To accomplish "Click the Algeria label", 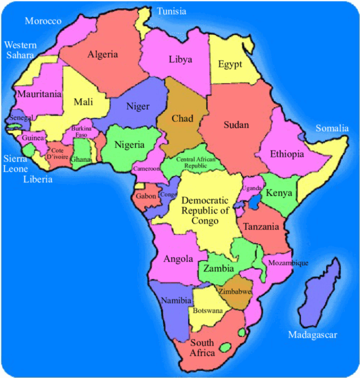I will tap(103, 54).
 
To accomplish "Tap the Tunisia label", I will tap(171, 11).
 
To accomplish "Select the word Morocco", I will tap(43, 21).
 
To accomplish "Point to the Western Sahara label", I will tap(20, 50).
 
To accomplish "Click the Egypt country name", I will tap(230, 64).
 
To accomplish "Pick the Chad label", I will tap(182, 119).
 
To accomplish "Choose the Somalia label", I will tap(332, 129).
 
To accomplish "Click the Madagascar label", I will tap(313, 334).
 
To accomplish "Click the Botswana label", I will tap(208, 311).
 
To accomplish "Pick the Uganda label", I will tap(252, 188).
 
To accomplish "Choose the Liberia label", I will tap(38, 180).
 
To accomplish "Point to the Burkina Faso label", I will tap(82, 131).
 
